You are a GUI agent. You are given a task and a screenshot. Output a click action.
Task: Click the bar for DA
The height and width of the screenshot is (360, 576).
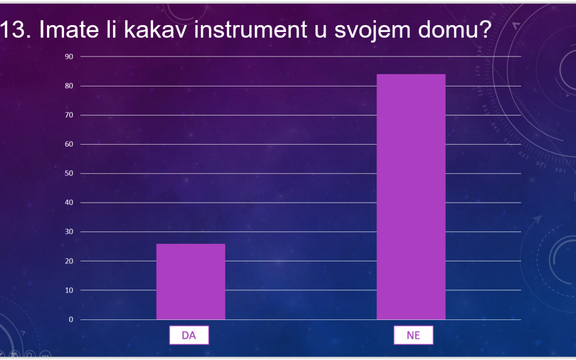[x=190, y=282]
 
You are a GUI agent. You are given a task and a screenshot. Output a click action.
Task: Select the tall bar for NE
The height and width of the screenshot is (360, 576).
[x=411, y=197]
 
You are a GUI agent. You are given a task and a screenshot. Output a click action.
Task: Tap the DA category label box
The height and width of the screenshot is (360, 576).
[x=189, y=335]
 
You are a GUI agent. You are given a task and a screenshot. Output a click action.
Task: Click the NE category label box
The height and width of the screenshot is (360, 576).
[x=413, y=335]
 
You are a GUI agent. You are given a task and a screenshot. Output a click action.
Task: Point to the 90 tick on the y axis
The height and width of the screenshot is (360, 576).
[x=69, y=57]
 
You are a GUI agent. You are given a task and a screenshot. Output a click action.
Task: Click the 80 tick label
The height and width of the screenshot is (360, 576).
[x=69, y=86]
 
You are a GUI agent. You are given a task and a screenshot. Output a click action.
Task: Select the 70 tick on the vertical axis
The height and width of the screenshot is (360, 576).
[x=69, y=115]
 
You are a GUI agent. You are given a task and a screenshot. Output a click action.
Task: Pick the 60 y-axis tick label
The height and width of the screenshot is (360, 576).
[x=69, y=145]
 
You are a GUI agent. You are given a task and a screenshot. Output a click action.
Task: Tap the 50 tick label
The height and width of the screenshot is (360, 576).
[x=69, y=173]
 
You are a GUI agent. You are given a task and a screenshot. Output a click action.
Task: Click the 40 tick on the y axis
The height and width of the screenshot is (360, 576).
[x=69, y=203]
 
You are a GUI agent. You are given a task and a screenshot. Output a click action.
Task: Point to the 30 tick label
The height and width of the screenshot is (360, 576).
[x=69, y=232]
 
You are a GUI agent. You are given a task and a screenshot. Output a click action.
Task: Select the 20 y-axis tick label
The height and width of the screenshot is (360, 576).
[x=69, y=261]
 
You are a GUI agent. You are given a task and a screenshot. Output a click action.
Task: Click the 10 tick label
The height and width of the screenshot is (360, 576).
[x=69, y=290]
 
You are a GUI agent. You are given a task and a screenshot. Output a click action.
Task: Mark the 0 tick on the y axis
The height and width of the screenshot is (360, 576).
[x=71, y=319]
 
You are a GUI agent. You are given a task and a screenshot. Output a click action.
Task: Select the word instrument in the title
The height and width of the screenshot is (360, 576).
[x=251, y=29]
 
